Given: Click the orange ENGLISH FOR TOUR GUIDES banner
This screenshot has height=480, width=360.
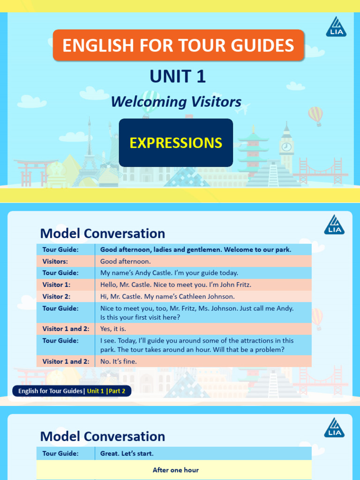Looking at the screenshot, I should pyautogui.click(x=178, y=45).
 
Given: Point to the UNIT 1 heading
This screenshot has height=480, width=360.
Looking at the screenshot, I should pyautogui.click(x=178, y=76).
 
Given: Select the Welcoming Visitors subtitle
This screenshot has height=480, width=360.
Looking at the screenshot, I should pyautogui.click(x=176, y=102).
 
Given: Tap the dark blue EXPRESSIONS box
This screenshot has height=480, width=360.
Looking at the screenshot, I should pyautogui.click(x=176, y=142).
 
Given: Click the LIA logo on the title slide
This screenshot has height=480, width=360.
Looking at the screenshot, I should pyautogui.click(x=336, y=27).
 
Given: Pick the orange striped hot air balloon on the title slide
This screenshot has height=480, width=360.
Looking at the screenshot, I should pyautogui.click(x=315, y=115).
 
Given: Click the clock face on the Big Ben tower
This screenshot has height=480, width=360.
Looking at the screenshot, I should pyautogui.click(x=286, y=147).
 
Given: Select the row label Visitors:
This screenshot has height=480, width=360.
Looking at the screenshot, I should pyautogui.click(x=55, y=261).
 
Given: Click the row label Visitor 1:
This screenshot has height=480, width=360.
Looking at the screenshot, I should pyautogui.click(x=56, y=285).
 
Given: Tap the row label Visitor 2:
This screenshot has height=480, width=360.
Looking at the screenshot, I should pyautogui.click(x=56, y=296).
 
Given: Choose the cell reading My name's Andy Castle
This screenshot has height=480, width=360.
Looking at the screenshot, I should pyautogui.click(x=169, y=273).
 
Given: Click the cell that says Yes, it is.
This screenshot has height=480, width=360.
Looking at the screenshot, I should pyautogui.click(x=112, y=329).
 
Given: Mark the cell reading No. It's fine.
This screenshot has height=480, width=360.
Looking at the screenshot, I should pyautogui.click(x=119, y=361).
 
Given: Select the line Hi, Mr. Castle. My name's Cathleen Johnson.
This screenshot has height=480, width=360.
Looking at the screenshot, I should pyautogui.click(x=167, y=296).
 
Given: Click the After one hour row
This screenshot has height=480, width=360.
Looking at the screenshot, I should pyautogui.click(x=175, y=470).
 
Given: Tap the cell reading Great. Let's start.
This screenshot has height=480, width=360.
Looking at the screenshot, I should pyautogui.click(x=127, y=453).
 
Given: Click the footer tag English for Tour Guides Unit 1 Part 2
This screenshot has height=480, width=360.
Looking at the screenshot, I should pyautogui.click(x=72, y=391).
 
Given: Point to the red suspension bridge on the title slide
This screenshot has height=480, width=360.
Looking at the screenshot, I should pyautogui.click(x=323, y=171).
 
